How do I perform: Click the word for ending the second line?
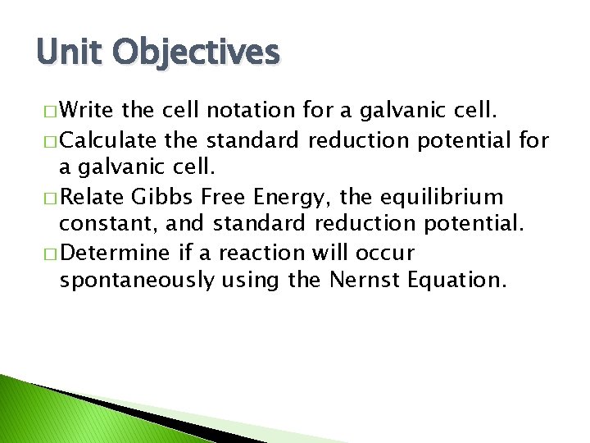(x=533, y=140)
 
